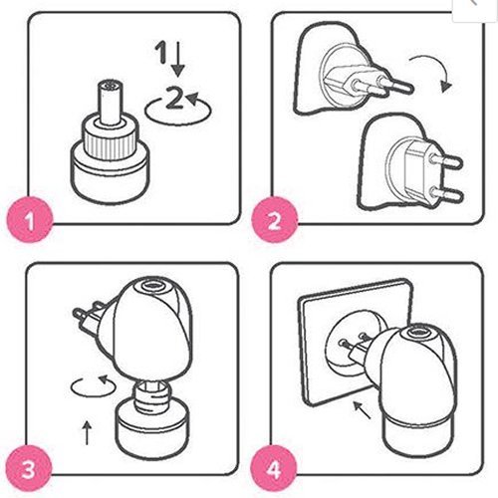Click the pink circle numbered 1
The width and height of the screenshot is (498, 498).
click(30, 220)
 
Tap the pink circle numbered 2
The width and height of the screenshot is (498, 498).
click(275, 220)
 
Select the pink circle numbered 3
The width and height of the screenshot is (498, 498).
click(29, 469)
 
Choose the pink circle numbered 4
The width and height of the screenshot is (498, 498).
click(274, 469)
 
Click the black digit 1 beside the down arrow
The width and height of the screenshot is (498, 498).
click(161, 52)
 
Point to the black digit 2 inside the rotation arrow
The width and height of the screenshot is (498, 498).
click(174, 98)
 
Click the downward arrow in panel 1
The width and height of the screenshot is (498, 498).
click(178, 59)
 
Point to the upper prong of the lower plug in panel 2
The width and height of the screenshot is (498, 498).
click(446, 161)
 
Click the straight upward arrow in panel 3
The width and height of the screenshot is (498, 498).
click(87, 432)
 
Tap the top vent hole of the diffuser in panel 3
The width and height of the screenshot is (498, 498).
click(153, 286)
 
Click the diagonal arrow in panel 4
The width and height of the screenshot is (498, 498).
click(362, 410)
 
